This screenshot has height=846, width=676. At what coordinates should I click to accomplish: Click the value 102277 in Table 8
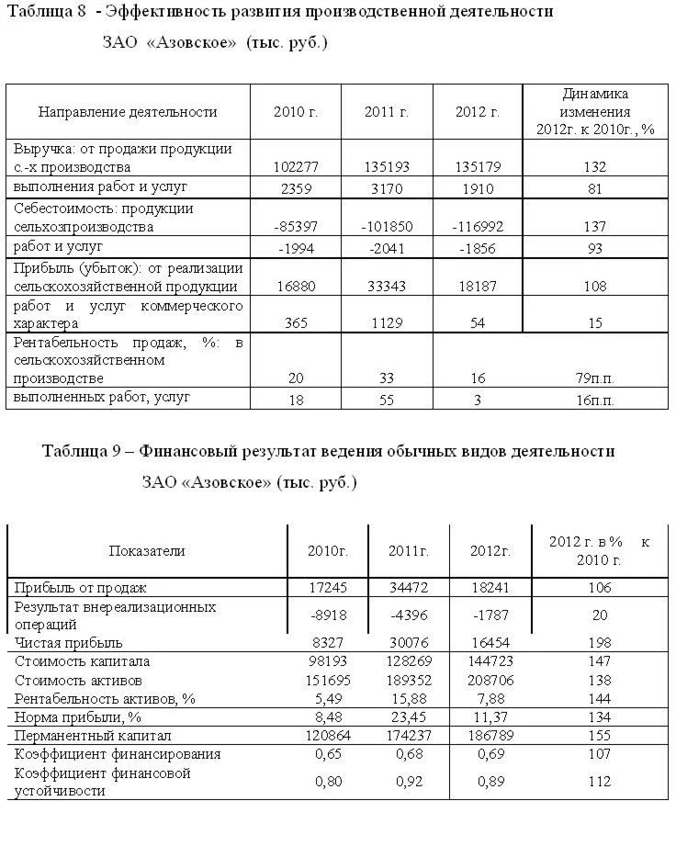click(296, 167)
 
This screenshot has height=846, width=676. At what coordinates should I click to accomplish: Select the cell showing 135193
click(386, 167)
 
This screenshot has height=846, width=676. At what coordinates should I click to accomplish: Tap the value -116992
click(477, 226)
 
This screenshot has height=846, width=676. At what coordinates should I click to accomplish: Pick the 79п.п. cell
click(594, 378)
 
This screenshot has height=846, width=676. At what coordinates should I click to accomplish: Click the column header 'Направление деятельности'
click(128, 112)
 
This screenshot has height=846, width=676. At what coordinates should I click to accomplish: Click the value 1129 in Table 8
click(386, 322)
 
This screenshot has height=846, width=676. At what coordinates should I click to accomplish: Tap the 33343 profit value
click(386, 286)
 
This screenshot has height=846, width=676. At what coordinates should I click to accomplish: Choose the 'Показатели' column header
click(147, 551)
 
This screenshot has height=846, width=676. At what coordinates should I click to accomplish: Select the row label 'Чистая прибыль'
click(68, 643)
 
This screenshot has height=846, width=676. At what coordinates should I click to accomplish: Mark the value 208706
click(490, 680)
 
